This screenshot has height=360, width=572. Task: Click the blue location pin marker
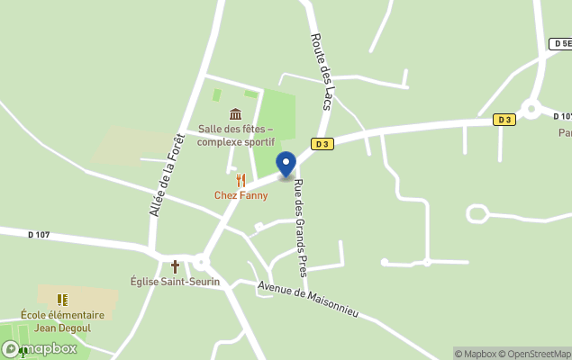(286, 165)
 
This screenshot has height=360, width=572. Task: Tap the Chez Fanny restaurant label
(241, 195)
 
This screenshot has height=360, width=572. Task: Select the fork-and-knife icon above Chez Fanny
(241, 180)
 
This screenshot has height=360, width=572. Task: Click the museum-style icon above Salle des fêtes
(235, 114)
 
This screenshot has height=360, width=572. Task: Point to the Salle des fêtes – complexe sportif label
(235, 135)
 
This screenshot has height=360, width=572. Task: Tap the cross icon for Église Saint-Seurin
(175, 266)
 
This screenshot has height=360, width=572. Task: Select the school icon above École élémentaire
(62, 300)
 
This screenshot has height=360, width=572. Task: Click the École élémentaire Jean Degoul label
(62, 321)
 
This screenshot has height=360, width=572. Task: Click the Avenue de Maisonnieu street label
(308, 300)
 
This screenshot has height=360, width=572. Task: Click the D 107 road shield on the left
(39, 235)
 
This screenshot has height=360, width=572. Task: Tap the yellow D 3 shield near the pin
(322, 143)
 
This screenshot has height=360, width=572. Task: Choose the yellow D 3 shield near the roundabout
(504, 120)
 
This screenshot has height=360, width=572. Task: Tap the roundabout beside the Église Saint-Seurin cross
(200, 263)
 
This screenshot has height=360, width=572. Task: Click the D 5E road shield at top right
(560, 43)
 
